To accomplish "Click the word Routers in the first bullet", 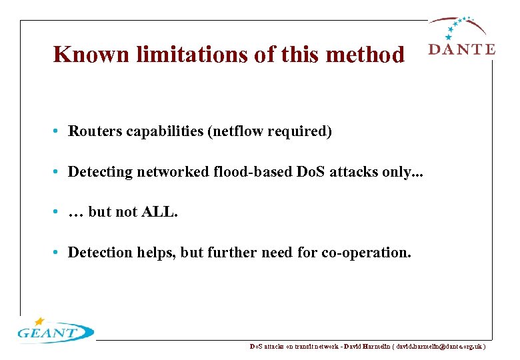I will point(93,131).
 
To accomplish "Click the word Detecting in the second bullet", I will point(101,172).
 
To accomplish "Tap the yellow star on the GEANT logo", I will point(39,321).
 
